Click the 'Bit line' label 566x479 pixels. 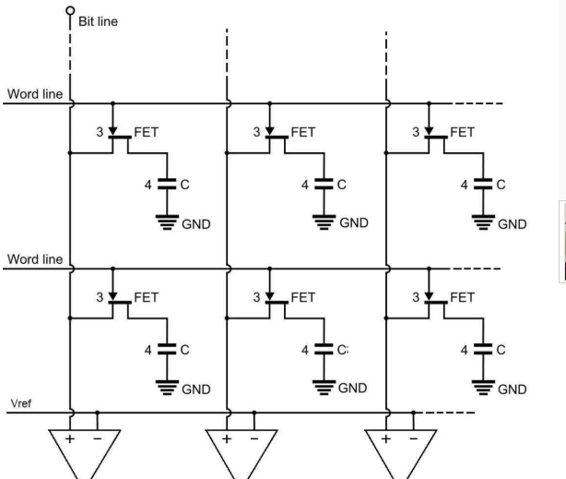(98, 21)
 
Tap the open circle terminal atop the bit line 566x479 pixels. (70, 10)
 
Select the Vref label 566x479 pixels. (21, 403)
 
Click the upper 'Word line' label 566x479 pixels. (35, 94)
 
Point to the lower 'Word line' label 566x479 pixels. (35, 259)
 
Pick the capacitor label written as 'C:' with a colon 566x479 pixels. (343, 350)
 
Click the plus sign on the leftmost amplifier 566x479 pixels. (70, 439)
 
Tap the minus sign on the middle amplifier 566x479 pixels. (254, 439)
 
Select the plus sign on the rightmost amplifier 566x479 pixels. (386, 439)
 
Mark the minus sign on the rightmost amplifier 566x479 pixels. (414, 439)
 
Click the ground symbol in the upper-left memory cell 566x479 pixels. (167, 222)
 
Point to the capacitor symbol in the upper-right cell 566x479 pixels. (483, 184)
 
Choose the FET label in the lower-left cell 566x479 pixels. (147, 297)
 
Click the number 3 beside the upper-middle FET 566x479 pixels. (256, 132)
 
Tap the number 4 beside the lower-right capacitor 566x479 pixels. (465, 350)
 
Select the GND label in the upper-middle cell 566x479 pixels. (354, 222)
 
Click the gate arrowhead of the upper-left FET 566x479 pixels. (112, 131)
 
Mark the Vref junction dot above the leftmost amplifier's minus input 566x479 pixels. (97, 413)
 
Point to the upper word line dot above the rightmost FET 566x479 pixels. (429, 103)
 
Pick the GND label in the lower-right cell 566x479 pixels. (512, 389)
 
